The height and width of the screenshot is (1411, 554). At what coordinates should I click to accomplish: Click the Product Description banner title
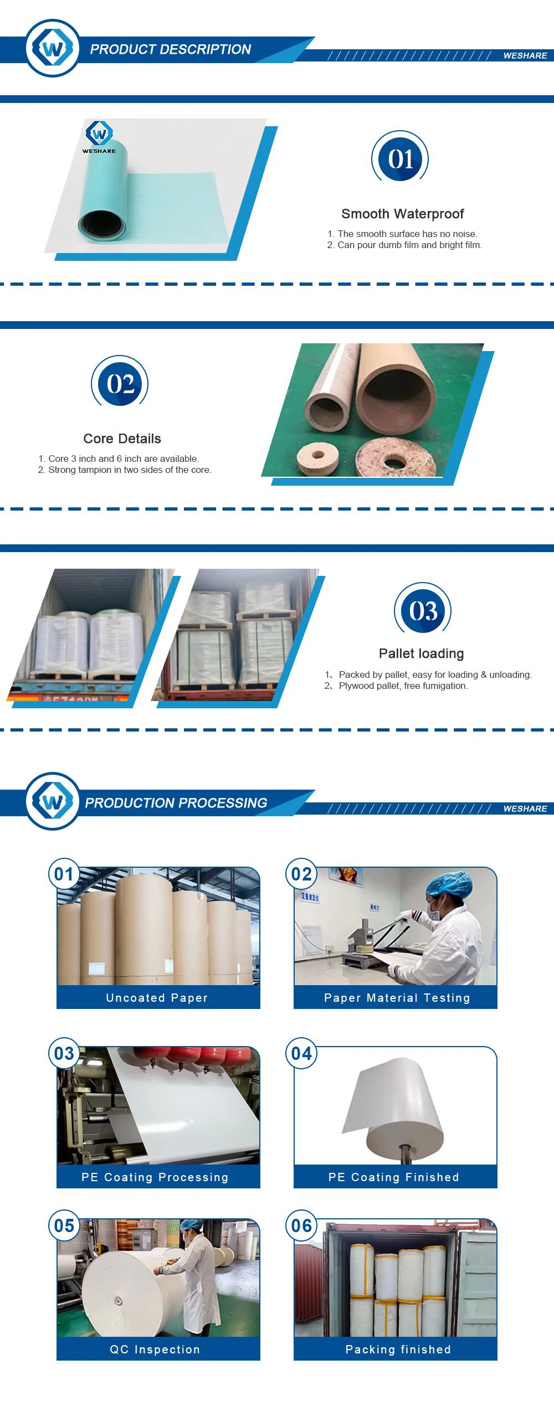pos(171,49)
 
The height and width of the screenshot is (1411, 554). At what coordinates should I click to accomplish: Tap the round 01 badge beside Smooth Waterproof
pos(400,158)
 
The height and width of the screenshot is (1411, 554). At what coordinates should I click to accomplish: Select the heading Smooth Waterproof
pos(403,214)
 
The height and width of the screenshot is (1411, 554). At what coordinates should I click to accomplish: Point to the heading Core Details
pos(122,439)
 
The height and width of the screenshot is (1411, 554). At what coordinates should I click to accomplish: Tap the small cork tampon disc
pos(317,455)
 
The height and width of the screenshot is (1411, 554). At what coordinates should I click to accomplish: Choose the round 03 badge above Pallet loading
pos(423,609)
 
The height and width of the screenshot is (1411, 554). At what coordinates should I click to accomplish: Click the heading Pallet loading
pos(422,653)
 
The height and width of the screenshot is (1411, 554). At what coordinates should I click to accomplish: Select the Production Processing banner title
pos(176,802)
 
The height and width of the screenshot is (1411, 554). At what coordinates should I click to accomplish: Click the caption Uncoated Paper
pos(157,997)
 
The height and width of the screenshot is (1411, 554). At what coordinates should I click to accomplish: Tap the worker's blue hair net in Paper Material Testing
pos(450,885)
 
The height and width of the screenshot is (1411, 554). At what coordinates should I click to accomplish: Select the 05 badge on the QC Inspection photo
pos(64,1225)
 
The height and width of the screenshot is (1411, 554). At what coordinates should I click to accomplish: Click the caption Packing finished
pos(398,1349)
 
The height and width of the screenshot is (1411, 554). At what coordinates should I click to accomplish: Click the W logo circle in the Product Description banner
pos(53,49)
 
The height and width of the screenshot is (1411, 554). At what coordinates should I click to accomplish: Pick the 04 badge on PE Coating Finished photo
pos(301,1053)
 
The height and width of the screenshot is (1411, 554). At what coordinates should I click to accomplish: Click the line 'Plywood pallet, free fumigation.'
pos(403,686)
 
